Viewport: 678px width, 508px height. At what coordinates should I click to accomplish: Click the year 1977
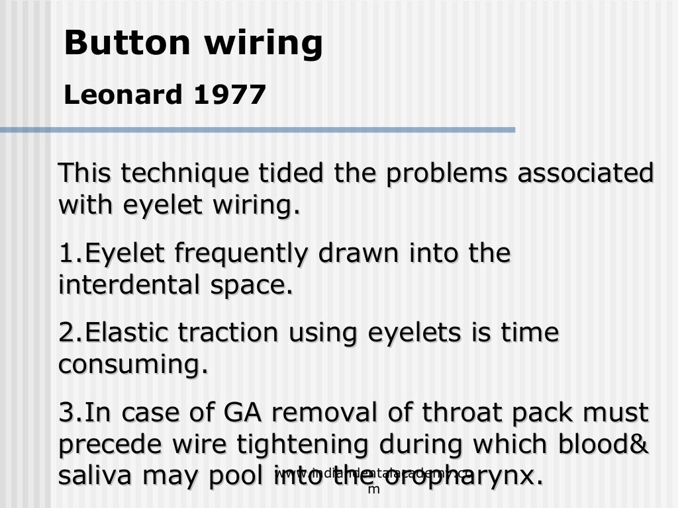(230, 95)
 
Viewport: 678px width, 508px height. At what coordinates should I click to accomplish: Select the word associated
(585, 173)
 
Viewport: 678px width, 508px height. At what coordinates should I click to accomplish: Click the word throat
(450, 413)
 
